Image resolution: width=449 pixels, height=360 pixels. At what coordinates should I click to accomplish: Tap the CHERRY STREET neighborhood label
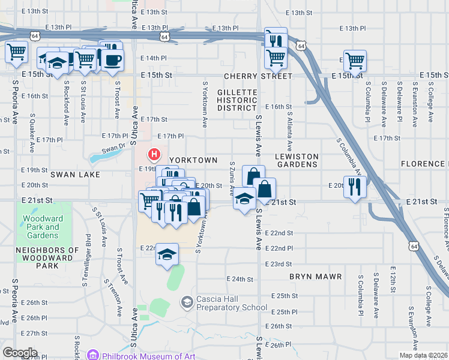(258, 76)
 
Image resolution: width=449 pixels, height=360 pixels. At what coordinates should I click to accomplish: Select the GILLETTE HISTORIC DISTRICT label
(237, 100)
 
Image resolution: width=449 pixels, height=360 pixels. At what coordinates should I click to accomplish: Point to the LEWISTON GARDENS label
(297, 160)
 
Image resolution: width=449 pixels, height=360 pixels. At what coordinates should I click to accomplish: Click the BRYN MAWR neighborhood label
(315, 277)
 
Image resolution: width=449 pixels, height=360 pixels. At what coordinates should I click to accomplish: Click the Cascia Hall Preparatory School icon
(187, 301)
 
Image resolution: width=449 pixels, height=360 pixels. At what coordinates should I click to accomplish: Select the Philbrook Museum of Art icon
(92, 356)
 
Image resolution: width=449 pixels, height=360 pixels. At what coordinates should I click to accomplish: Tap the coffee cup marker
(112, 59)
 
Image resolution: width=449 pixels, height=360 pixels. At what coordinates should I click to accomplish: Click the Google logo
(20, 352)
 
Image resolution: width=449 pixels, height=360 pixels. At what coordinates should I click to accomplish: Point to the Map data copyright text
(423, 355)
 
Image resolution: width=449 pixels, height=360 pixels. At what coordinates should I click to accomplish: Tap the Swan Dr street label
(113, 148)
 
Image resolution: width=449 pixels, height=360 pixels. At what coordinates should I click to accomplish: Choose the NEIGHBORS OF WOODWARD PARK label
(47, 258)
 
